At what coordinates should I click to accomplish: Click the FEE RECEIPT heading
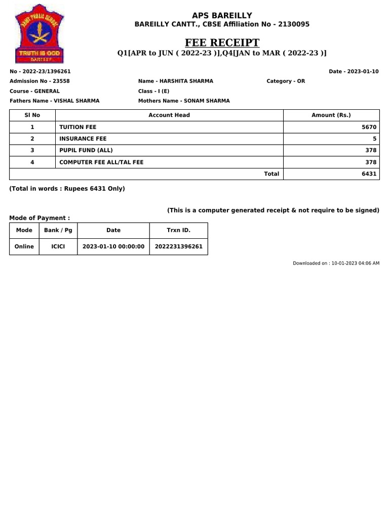click(222, 42)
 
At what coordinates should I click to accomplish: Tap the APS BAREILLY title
click(222, 15)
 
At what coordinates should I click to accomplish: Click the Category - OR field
click(286, 81)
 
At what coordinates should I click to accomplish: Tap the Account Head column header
click(169, 115)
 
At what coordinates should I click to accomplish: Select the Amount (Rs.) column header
click(331, 115)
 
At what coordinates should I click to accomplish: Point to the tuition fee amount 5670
click(369, 127)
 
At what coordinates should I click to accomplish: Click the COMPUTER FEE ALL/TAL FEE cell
click(101, 162)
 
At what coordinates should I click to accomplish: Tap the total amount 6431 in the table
click(369, 174)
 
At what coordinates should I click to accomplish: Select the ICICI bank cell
click(58, 246)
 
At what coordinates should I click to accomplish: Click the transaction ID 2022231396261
click(179, 246)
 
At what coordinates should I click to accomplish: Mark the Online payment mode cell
click(24, 246)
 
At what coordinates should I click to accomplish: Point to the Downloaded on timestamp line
click(336, 263)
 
